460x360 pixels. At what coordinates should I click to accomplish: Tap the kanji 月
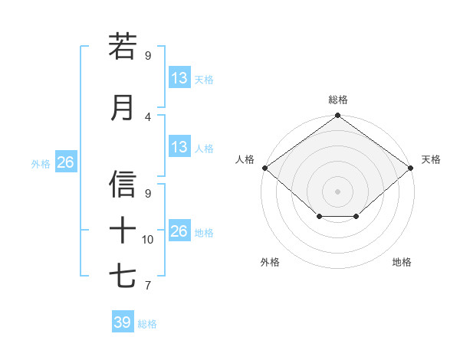pos(123,107)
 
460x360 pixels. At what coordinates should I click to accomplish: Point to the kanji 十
pos(123,230)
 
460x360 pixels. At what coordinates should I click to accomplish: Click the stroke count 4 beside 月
pos(148,117)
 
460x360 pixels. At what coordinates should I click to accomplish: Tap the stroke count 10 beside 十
pos(148,240)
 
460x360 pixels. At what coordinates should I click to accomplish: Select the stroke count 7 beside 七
pos(148,286)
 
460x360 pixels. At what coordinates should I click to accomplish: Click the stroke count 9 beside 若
pos(148,56)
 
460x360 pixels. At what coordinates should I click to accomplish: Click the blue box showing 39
pos(122,322)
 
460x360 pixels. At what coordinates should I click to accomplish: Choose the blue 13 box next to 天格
pos(179,78)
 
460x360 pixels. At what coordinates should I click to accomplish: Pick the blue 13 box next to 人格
pos(179,147)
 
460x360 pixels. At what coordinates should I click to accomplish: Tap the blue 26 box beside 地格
pos(179,231)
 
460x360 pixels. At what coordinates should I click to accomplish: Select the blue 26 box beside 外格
pos(65,162)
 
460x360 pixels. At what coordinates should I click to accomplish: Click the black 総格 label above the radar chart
pos(337,100)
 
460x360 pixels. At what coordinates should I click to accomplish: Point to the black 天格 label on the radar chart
pos(431,159)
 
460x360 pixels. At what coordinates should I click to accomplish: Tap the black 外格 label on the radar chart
pos(270,262)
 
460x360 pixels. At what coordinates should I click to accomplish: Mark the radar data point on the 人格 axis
pos(264,168)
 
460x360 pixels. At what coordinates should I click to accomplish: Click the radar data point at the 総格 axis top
pos(337,116)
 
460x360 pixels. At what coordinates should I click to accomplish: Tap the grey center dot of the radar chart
pos(337,191)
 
